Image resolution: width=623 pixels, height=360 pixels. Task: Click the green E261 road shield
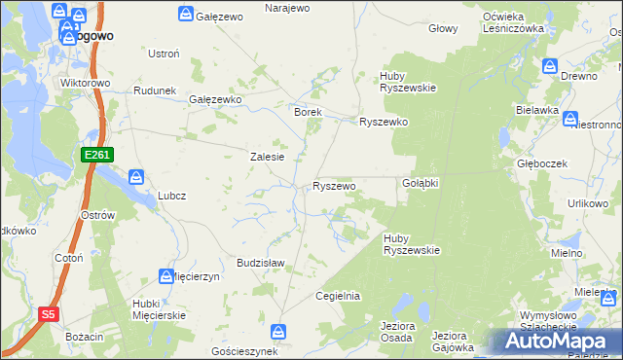[x=98, y=155]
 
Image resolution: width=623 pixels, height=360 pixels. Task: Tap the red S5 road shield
[x=50, y=314]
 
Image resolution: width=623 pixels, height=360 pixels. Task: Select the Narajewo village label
[x=287, y=8]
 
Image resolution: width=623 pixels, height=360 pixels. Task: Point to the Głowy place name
[x=443, y=28]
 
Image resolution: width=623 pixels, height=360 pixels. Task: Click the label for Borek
[x=308, y=112]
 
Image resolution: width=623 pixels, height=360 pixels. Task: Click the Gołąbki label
[x=421, y=183]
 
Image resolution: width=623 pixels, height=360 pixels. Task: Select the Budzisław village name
[x=260, y=263]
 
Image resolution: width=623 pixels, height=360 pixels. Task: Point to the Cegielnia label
[x=338, y=295]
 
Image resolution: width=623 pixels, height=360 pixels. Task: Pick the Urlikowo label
[x=588, y=202]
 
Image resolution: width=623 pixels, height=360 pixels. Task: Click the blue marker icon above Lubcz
[x=136, y=177]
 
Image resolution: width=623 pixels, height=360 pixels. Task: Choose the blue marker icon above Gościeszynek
[x=279, y=332]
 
